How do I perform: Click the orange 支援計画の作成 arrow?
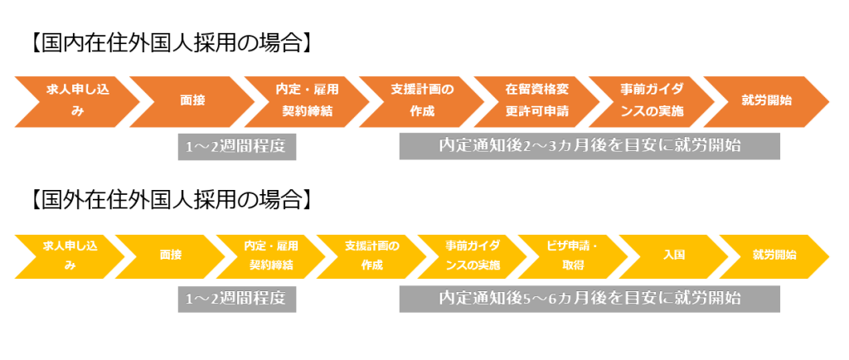(422, 100)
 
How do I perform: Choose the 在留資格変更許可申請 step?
(536, 100)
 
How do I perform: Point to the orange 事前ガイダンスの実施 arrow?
(651, 100)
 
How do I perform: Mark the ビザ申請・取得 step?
(572, 256)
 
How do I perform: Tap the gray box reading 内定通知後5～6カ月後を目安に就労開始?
(589, 299)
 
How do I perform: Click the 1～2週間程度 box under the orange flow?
(237, 146)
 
